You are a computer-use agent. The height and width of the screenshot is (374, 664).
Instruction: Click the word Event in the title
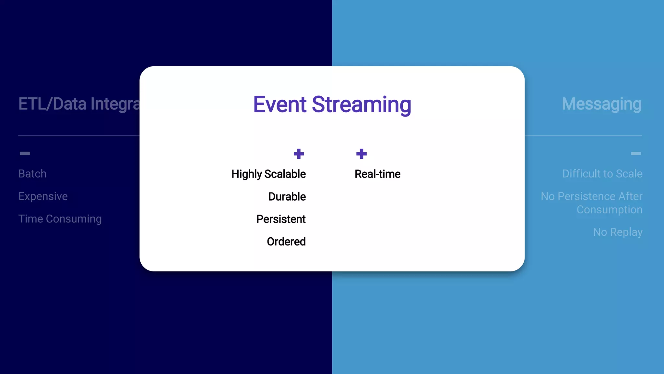pyautogui.click(x=279, y=105)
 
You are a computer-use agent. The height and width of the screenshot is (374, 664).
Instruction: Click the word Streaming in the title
pyautogui.click(x=361, y=105)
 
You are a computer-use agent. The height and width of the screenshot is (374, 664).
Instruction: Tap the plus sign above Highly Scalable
pyautogui.click(x=299, y=154)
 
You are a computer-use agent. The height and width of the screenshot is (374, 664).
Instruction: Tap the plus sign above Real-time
pyautogui.click(x=361, y=154)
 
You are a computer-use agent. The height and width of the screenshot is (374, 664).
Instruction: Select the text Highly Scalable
pyautogui.click(x=268, y=174)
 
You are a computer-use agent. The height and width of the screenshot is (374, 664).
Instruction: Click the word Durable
pyautogui.click(x=287, y=197)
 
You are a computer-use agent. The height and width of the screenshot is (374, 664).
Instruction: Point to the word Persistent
pyautogui.click(x=281, y=219)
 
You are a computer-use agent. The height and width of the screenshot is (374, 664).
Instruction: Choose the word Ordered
pyautogui.click(x=286, y=242)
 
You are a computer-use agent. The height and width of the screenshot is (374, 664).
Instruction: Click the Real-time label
pyautogui.click(x=377, y=174)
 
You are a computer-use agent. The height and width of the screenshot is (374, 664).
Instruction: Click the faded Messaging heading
pyautogui.click(x=601, y=104)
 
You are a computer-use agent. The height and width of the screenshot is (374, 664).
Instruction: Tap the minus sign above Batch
pyautogui.click(x=25, y=153)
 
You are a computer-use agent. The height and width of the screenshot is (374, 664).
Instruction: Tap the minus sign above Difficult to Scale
pyautogui.click(x=636, y=153)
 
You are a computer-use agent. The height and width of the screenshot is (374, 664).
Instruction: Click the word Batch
pyautogui.click(x=32, y=174)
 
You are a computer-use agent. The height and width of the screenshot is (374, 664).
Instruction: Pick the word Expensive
pyautogui.click(x=43, y=196)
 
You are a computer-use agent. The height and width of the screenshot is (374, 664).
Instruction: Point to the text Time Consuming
pyautogui.click(x=60, y=219)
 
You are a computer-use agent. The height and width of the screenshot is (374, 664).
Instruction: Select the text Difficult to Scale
pyautogui.click(x=602, y=174)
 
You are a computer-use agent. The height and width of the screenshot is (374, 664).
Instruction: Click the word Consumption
pyautogui.click(x=609, y=210)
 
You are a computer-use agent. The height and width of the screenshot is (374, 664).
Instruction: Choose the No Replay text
pyautogui.click(x=618, y=232)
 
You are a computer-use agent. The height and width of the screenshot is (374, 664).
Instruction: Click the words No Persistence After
pyautogui.click(x=591, y=196)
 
